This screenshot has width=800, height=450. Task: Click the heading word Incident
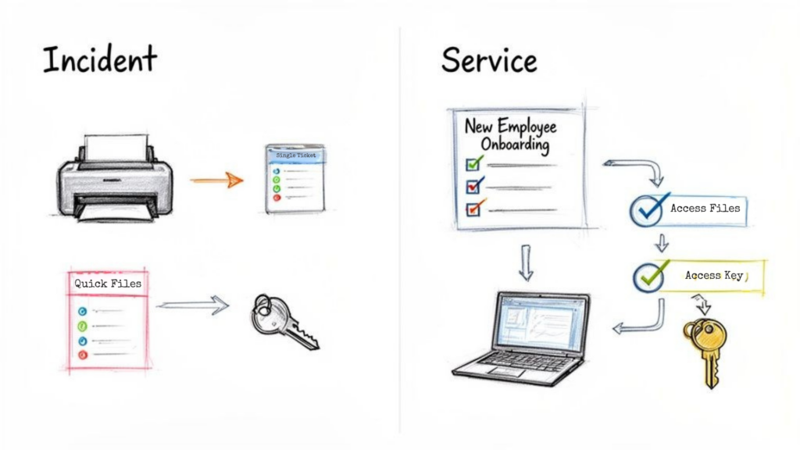99,59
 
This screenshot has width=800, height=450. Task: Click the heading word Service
489,59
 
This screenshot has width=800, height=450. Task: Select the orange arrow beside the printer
216,180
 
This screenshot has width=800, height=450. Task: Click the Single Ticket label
295,156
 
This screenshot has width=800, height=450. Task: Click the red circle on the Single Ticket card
276,198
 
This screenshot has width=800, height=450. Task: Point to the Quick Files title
108,284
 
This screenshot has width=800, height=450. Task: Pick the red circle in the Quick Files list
83,355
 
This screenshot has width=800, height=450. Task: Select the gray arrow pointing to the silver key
192,305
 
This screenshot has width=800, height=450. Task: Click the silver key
283,320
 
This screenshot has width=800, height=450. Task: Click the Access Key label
713,276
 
